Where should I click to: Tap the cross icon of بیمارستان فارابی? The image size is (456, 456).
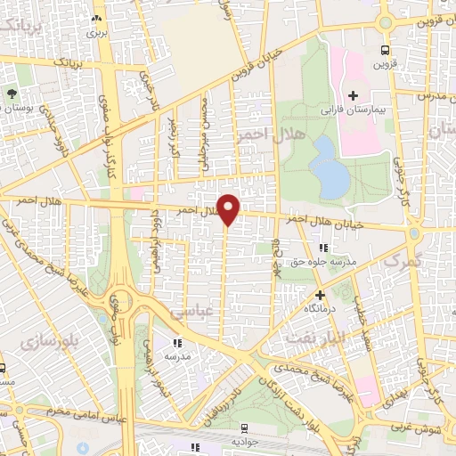click(354, 94)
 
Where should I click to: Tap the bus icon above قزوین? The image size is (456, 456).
click(385, 50)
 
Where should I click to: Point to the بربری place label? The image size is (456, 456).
click(95, 32)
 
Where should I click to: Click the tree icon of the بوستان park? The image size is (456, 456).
click(11, 93)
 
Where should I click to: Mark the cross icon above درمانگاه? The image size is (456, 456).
click(320, 294)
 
